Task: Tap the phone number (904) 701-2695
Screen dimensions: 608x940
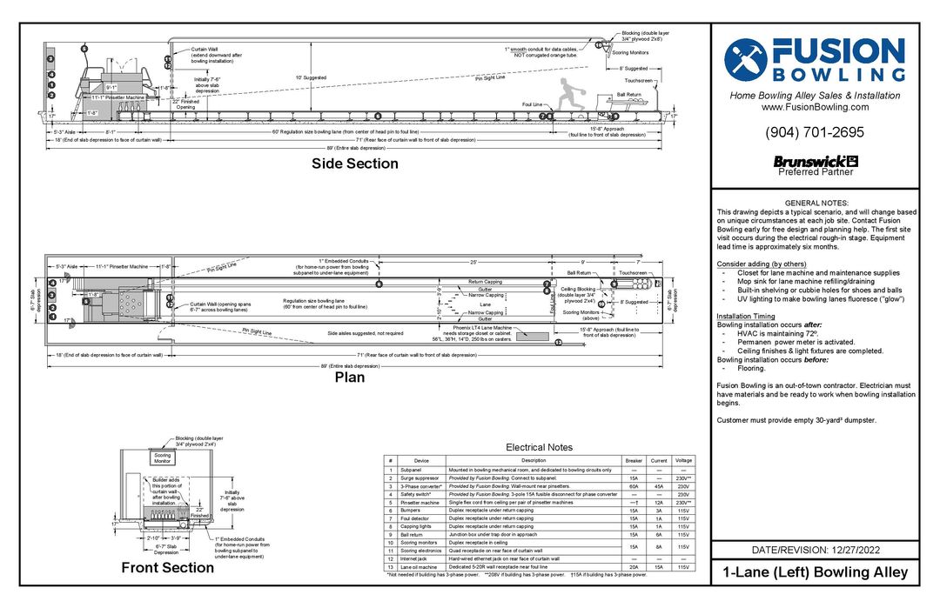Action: pyautogui.click(x=815, y=133)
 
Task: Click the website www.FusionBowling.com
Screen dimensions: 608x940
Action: pyautogui.click(x=815, y=107)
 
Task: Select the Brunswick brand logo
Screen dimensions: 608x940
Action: pyautogui.click(x=815, y=161)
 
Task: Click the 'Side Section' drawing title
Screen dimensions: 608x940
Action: pyautogui.click(x=355, y=164)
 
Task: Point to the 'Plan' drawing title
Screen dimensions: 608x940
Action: pyautogui.click(x=350, y=377)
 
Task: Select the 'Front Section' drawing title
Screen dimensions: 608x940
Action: pyautogui.click(x=167, y=568)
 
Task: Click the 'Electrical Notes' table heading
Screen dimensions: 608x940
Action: pyautogui.click(x=538, y=447)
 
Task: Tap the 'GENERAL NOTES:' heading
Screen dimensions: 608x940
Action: pyautogui.click(x=815, y=203)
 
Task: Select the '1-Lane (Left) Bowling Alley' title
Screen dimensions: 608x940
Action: pyautogui.click(x=815, y=572)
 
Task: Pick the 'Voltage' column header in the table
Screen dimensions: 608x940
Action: pyautogui.click(x=683, y=460)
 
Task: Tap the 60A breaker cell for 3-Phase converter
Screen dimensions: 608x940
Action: pyautogui.click(x=633, y=486)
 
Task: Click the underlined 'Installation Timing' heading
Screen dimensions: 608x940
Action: pyautogui.click(x=746, y=316)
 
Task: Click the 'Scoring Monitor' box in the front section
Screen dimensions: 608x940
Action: pyautogui.click(x=163, y=458)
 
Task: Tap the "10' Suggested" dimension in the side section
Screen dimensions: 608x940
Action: pyautogui.click(x=311, y=77)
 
